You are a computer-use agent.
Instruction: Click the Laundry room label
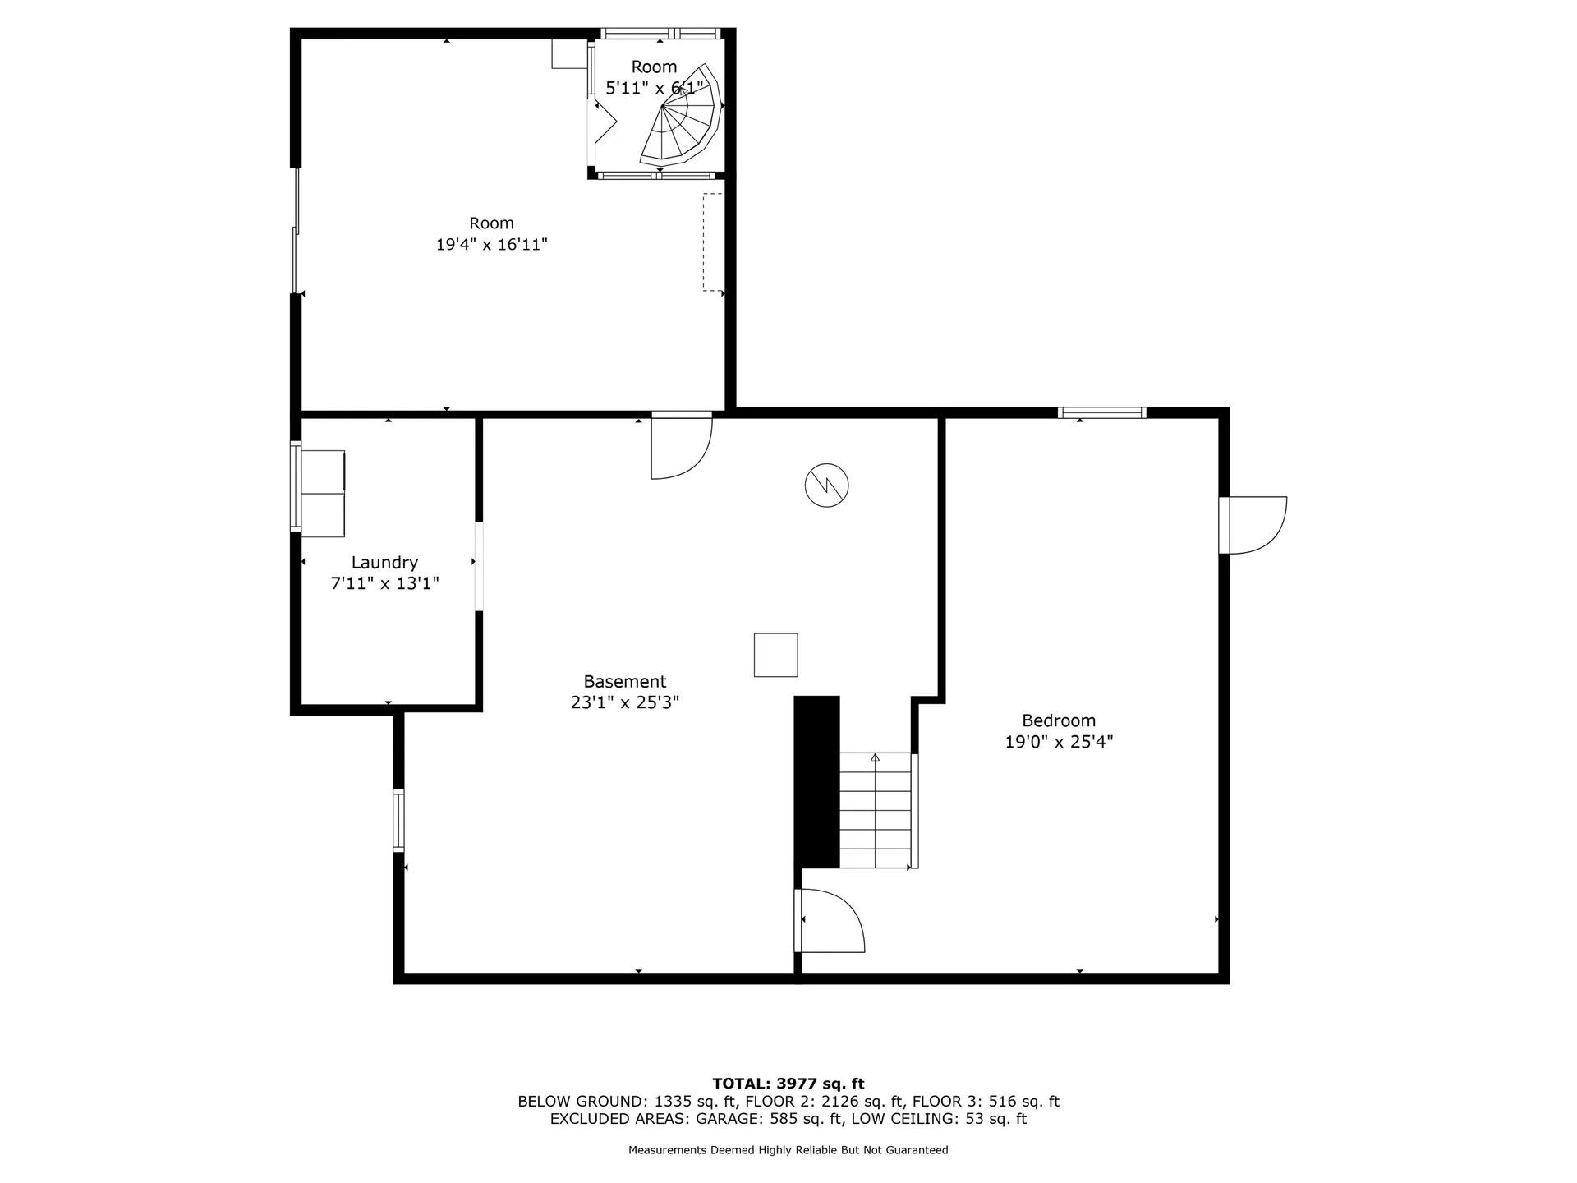pos(384,563)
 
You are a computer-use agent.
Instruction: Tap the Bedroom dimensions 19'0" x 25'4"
pos(1059,742)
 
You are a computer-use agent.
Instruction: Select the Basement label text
pos(624,681)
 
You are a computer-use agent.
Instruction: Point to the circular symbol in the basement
pos(826,486)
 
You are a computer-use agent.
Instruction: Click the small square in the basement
pos(775,655)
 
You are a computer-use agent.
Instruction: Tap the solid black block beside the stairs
pos(816,781)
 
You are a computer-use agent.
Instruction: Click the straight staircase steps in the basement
pos(876,810)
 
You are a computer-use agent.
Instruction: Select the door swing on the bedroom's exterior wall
pos(1253,525)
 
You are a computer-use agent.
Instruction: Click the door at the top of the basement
pos(680,445)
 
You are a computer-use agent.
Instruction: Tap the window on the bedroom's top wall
pos(1101,413)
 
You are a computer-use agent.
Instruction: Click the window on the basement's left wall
pos(398,819)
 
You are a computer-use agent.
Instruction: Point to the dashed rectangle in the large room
pos(712,242)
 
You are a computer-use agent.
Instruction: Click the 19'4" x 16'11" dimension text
pos(491,245)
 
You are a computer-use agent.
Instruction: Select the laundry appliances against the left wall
pos(323,493)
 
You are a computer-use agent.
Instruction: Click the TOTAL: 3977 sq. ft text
pos(788,1084)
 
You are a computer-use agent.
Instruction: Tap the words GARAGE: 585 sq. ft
pos(769,1119)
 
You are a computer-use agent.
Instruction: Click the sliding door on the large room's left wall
pos(296,231)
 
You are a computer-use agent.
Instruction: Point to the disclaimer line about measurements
pos(788,1150)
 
